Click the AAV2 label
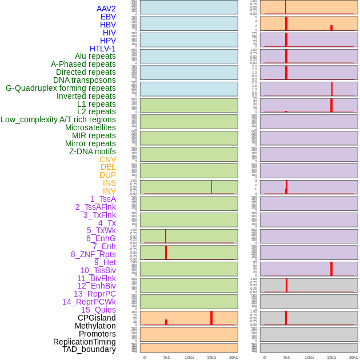click(106, 9)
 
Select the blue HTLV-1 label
click(103, 49)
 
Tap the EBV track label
click(108, 17)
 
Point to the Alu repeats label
click(95, 56)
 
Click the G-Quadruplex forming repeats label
click(61, 88)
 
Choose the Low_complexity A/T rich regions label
click(58, 119)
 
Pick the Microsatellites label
click(90, 127)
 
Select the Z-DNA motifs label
click(93, 151)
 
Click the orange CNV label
click(107, 159)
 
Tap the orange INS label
click(109, 183)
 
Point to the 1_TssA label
click(103, 199)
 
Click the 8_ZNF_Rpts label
click(93, 254)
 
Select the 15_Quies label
click(98, 310)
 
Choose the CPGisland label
click(97, 318)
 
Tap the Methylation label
click(95, 326)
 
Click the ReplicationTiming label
click(85, 342)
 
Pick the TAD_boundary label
click(89, 349)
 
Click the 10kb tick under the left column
click(189, 357)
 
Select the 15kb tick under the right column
click(331, 357)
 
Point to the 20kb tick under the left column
click(234, 357)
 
